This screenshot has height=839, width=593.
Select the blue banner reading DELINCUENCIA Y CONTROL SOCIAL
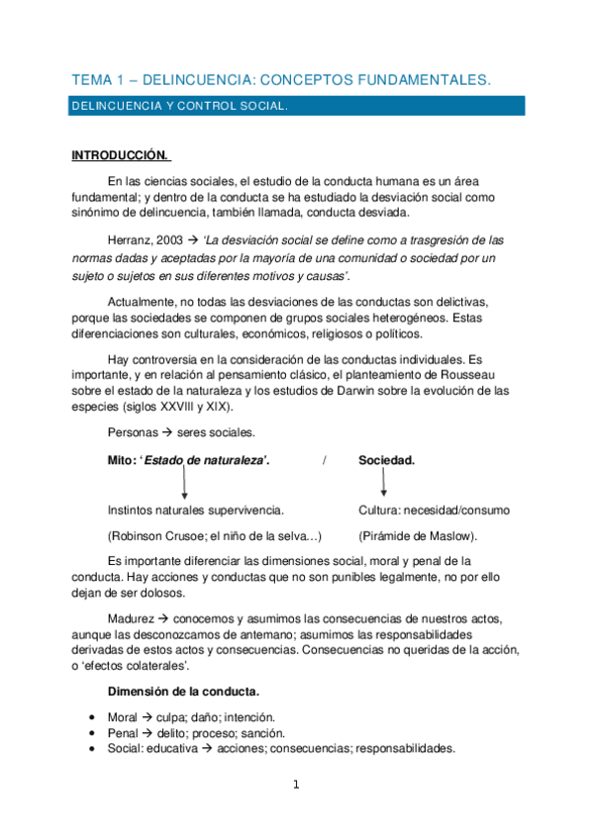coord(296,105)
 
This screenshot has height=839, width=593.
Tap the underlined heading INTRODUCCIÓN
coord(121,156)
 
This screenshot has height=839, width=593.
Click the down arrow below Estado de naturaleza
coord(184,484)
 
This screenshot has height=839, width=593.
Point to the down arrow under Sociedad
coord(384,483)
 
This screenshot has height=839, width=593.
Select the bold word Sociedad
coord(386,461)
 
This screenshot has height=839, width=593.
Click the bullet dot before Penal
coord(91,733)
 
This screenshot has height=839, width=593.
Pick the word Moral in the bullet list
coord(123,717)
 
